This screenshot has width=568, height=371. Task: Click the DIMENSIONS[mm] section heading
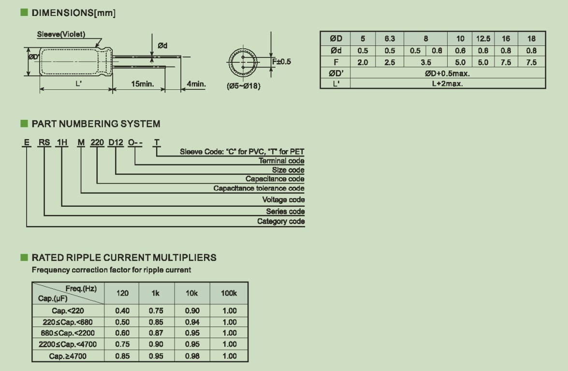pos(73,14)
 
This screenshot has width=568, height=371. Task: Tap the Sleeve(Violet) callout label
pos(61,34)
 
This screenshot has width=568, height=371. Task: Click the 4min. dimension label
pos(196,85)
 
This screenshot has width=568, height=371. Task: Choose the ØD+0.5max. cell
pos(447,73)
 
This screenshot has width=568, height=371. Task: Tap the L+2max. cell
pos(447,84)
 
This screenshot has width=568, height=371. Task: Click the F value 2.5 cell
pos(390,62)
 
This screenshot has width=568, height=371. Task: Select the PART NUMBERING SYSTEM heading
pos(96,124)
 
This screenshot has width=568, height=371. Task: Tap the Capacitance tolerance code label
pos(259,188)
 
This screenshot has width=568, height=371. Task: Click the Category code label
pos(281,221)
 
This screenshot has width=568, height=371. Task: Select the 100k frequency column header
pos(229,293)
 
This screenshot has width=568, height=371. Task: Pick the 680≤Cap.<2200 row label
pos(68,333)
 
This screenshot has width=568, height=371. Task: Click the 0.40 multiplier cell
pos(122,311)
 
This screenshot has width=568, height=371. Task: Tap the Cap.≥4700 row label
pos(68,356)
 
